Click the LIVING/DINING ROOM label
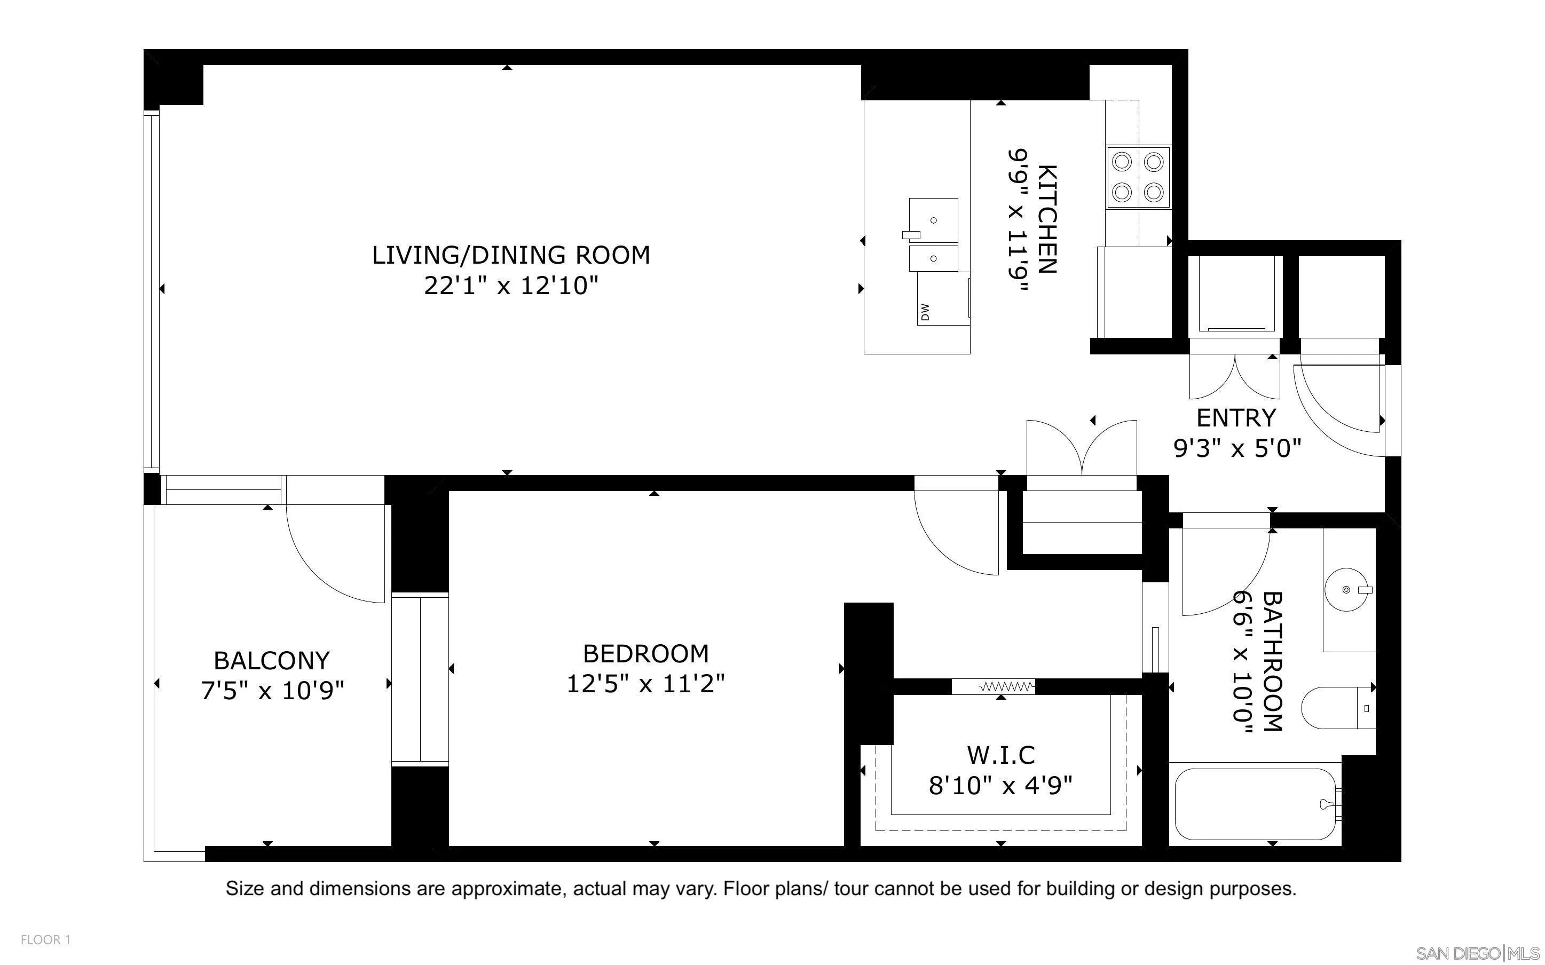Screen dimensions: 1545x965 coord(511,255)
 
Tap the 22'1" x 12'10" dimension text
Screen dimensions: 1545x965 coord(511,286)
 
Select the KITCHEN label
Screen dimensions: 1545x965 coord(1047,219)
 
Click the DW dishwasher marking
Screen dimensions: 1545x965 coord(925,312)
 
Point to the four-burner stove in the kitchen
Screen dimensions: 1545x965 coord(1139,177)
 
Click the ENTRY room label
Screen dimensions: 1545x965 coord(1236,418)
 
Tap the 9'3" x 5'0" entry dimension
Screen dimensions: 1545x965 coord(1237,448)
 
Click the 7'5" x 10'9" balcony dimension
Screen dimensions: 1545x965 coord(272,691)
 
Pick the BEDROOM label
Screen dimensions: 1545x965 coord(646,653)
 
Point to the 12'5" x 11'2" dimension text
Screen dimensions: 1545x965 coord(646,684)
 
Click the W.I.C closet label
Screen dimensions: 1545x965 coord(1000,755)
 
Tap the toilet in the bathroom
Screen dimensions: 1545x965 coord(1338,708)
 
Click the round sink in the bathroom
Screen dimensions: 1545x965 coord(1347,590)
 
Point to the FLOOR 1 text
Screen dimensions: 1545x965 coord(45,939)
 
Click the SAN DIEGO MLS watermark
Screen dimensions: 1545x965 coord(1478,953)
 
